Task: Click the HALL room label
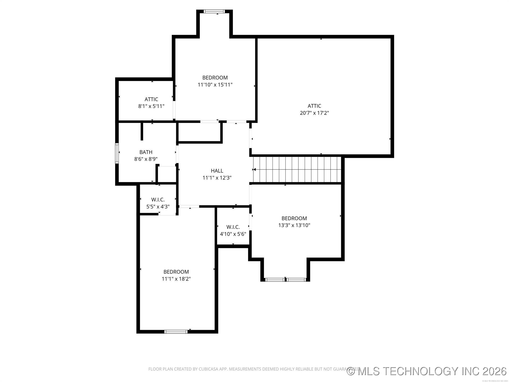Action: (217, 171)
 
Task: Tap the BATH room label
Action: (146, 152)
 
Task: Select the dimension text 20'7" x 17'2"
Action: (314, 113)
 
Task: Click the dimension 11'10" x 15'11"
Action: (215, 85)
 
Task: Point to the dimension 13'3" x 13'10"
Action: (294, 225)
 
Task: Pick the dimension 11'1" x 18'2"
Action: (176, 279)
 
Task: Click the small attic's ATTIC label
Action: (151, 99)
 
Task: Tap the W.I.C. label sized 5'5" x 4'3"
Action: (158, 199)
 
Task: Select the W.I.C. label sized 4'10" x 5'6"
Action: (233, 227)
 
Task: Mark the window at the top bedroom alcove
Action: (214, 11)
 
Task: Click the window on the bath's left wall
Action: (117, 153)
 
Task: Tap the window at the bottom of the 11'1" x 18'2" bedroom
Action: (176, 331)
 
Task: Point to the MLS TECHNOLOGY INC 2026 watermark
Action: (427, 371)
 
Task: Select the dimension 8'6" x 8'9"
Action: (146, 159)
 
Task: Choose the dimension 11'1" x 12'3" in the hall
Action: (217, 178)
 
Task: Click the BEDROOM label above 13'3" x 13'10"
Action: (294, 218)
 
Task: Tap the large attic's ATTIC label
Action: (314, 106)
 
